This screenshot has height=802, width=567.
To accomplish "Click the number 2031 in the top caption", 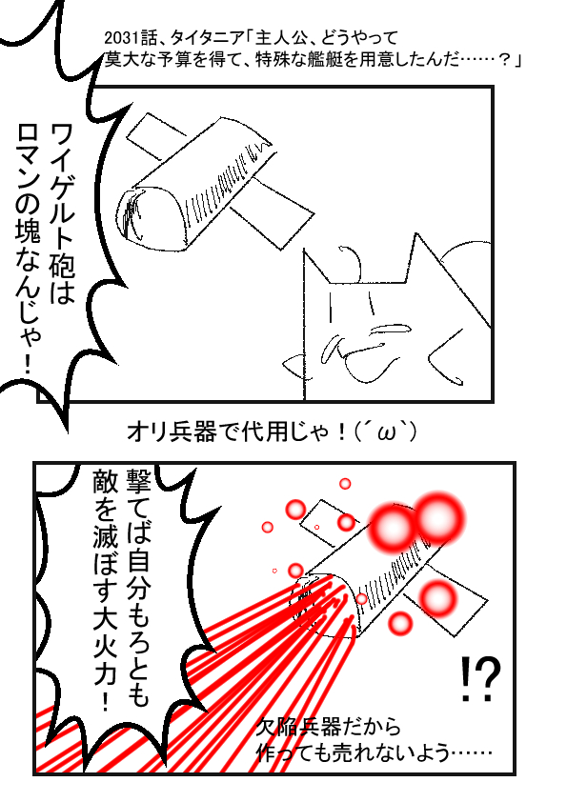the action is [118, 38].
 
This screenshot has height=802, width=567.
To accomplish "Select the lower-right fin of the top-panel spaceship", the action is [273, 212].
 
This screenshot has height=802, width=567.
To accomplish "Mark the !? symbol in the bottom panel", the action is [479, 680].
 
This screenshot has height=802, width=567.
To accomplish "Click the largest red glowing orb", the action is [438, 518].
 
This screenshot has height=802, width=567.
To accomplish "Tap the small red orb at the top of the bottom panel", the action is [345, 483].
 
